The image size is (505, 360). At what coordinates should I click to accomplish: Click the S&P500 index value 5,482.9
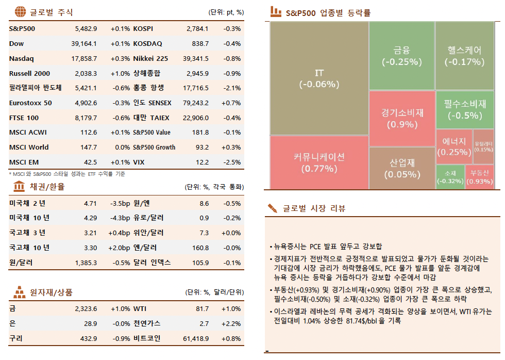(x=86, y=29)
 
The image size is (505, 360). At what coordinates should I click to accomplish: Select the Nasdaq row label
(x=21, y=59)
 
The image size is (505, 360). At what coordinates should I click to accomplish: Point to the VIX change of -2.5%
(x=231, y=162)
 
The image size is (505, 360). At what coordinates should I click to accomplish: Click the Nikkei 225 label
(x=150, y=59)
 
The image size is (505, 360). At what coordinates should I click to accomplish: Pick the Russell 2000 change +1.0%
(x=120, y=73)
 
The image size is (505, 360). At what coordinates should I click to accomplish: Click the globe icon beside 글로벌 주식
(x=19, y=12)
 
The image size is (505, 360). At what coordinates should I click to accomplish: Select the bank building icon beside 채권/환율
(x=19, y=186)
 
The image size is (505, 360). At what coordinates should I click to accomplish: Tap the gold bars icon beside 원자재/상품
(x=19, y=292)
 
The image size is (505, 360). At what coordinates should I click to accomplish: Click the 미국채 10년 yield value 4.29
(x=90, y=218)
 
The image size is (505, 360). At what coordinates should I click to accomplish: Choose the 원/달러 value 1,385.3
(x=86, y=263)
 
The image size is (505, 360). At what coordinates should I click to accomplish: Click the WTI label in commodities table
(x=140, y=309)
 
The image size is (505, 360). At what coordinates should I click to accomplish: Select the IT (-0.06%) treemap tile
(x=319, y=78)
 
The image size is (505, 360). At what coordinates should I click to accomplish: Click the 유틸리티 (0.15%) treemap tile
(x=483, y=146)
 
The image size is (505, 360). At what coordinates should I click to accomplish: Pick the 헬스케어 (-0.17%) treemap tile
(x=465, y=56)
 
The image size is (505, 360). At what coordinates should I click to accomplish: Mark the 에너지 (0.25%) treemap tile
(x=453, y=146)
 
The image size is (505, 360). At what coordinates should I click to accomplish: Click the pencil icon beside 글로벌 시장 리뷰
(x=273, y=208)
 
